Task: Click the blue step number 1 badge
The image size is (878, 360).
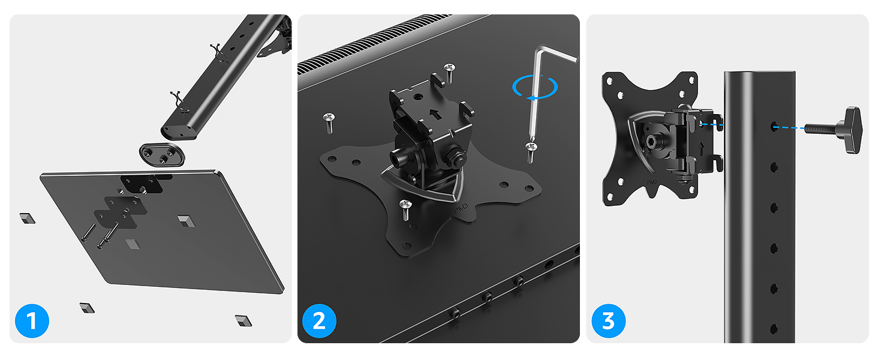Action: click(x=32, y=321)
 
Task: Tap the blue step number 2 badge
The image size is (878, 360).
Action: click(x=319, y=321)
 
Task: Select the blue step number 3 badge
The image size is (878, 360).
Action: click(x=608, y=321)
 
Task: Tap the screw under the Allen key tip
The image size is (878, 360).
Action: click(x=530, y=151)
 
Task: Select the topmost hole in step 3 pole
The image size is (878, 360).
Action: click(x=774, y=127)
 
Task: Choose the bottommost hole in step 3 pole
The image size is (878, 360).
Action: click(x=774, y=328)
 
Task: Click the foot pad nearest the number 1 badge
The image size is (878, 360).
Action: click(x=87, y=308)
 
